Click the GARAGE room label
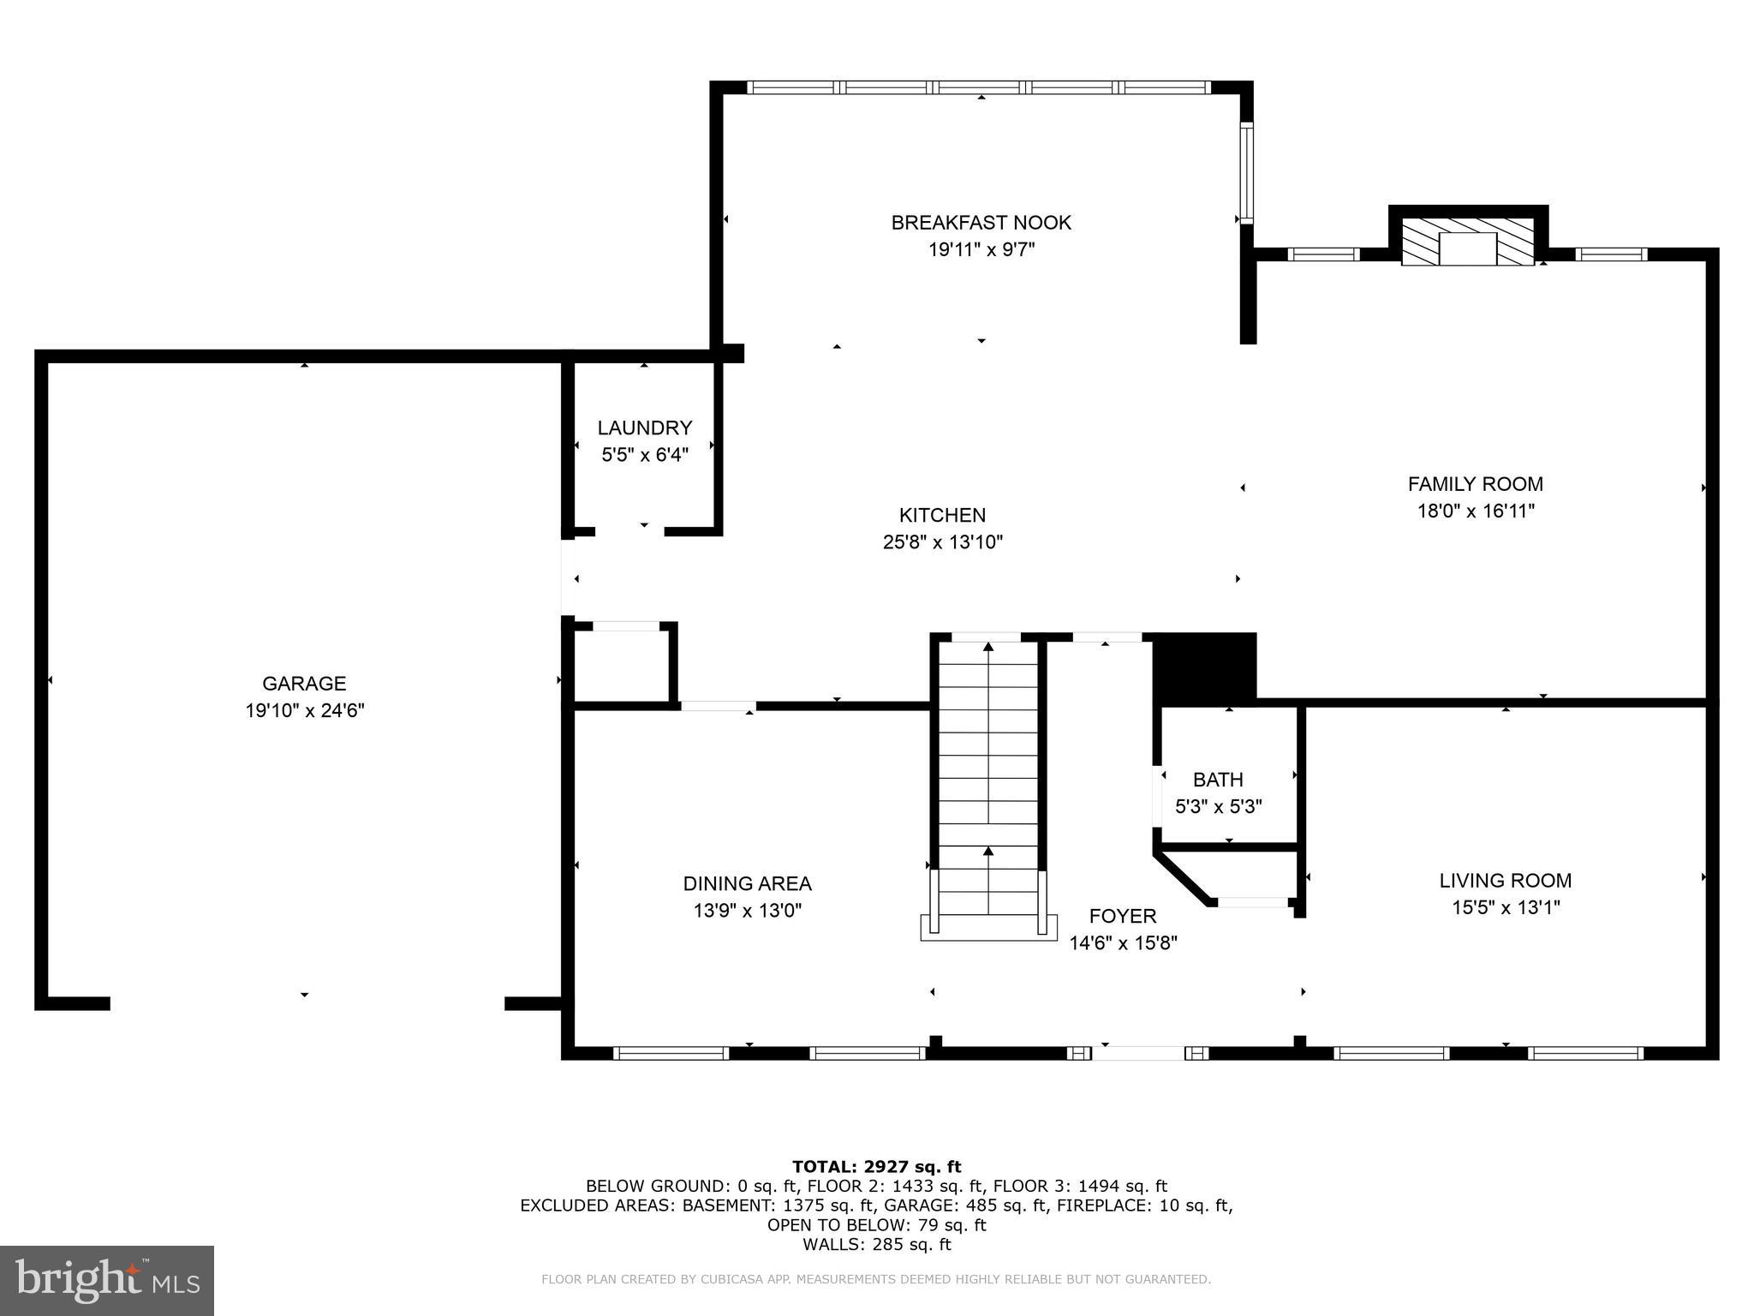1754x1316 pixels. (x=304, y=683)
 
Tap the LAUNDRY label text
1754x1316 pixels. (x=644, y=428)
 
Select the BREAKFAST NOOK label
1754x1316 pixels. (x=981, y=223)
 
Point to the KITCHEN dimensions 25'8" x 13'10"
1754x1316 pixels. (x=942, y=542)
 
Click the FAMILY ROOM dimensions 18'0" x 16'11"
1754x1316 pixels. (x=1475, y=511)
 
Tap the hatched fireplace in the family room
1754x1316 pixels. (x=1467, y=247)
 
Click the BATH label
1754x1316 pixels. (x=1218, y=780)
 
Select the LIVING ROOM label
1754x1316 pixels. (x=1505, y=880)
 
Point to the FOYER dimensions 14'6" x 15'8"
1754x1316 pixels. (x=1123, y=943)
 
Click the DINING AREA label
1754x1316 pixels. (x=747, y=883)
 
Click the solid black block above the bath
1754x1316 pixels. (x=1204, y=667)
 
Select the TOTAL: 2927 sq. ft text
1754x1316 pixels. (x=876, y=1166)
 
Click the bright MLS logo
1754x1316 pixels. (x=107, y=1280)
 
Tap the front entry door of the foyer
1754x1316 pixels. (x=1137, y=1053)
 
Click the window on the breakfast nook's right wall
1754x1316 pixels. (x=1246, y=173)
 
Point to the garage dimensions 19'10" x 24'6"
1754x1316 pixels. (x=304, y=710)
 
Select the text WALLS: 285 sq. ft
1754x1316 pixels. (x=876, y=1245)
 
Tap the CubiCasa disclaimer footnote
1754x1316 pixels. (x=875, y=1279)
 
